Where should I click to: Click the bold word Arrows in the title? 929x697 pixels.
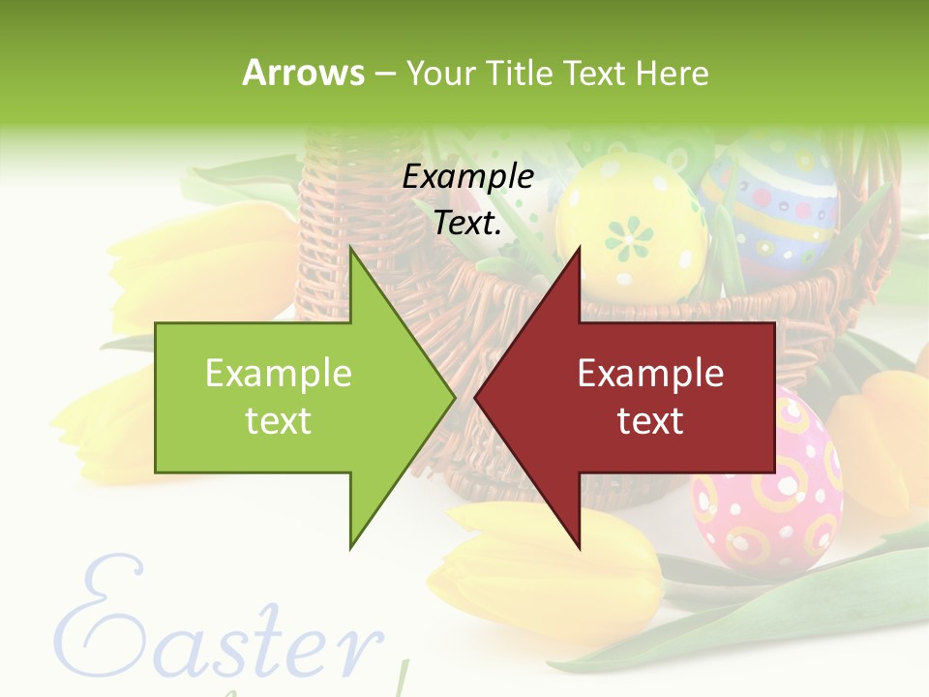304,73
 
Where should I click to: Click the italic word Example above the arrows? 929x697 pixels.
468,176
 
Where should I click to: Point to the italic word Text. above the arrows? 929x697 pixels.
468,223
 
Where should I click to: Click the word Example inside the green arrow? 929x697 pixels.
279,373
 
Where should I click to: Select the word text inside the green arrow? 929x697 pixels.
279,421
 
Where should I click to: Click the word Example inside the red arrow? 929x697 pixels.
650,373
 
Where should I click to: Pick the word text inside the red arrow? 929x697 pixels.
650,421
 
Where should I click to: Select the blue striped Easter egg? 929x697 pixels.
774,203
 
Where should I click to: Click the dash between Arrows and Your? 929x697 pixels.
384,74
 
